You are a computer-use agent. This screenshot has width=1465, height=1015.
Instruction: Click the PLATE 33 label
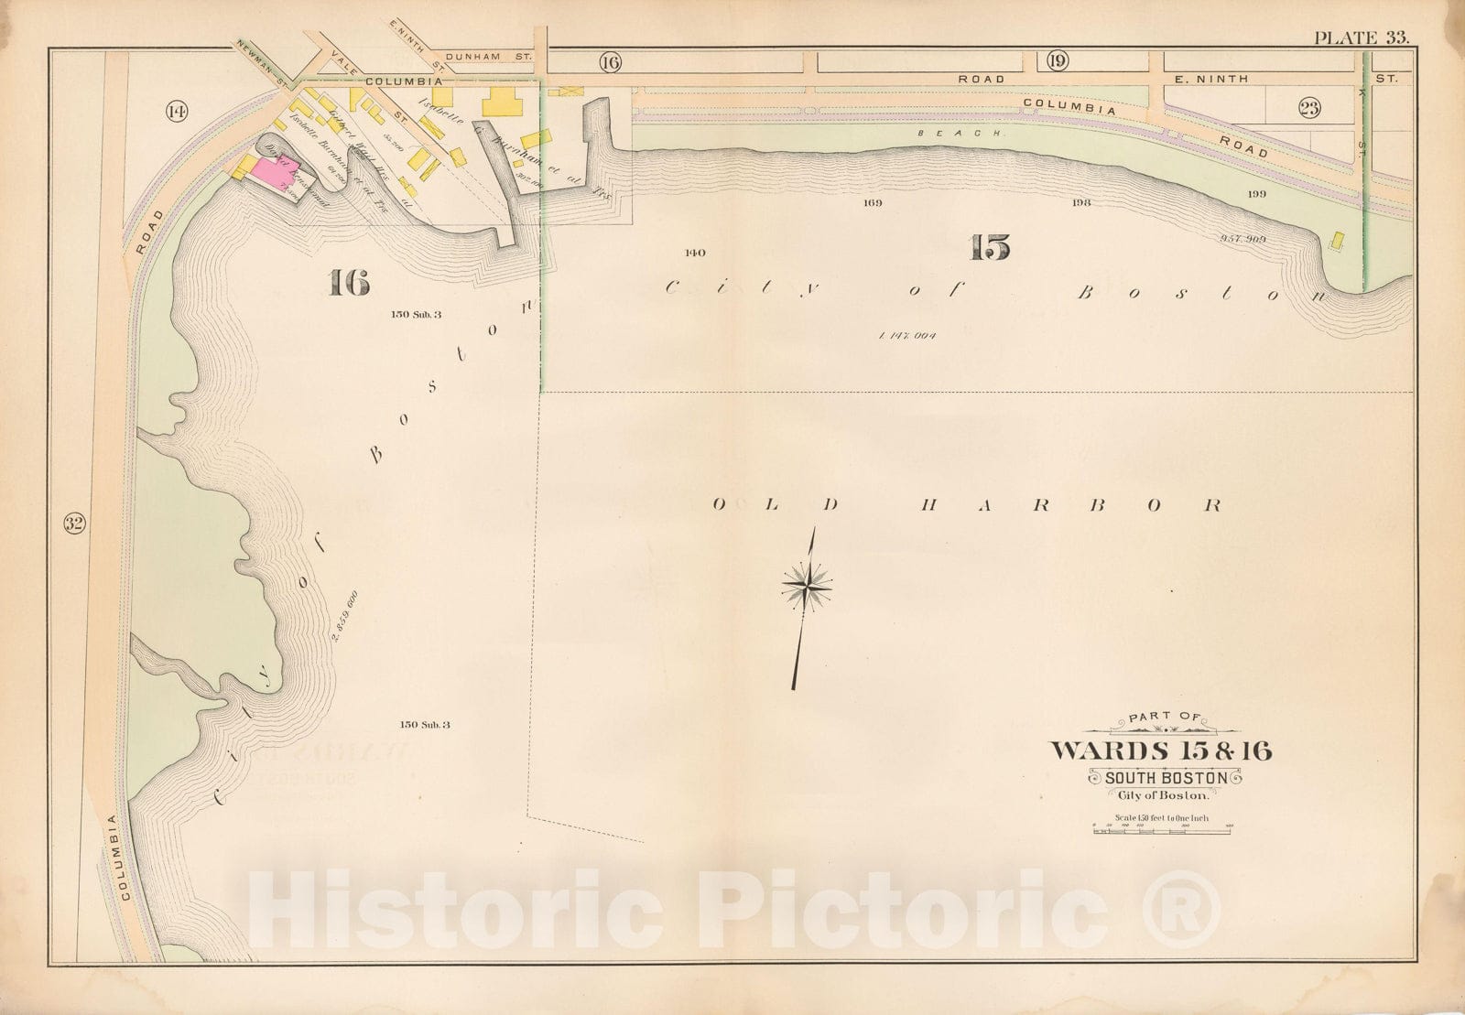click(x=1361, y=38)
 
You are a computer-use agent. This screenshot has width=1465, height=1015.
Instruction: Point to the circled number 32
click(x=74, y=524)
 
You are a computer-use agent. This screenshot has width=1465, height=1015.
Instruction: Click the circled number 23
click(x=1309, y=109)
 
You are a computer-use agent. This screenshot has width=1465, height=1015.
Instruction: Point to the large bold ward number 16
click(x=349, y=285)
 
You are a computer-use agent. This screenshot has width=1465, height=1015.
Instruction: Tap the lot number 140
click(x=695, y=253)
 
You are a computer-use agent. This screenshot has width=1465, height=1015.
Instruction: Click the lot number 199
click(x=1255, y=194)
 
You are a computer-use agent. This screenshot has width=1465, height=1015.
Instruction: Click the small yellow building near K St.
click(x=1337, y=240)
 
